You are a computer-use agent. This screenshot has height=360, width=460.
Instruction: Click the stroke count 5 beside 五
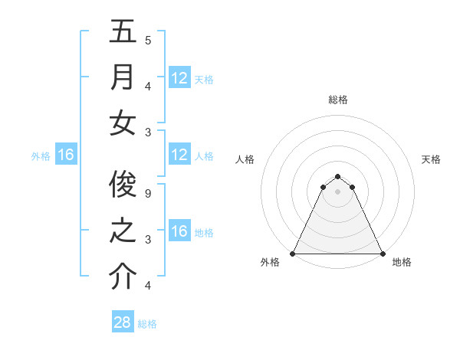(x=148, y=40)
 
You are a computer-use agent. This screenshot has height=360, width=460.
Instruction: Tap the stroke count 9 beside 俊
(x=148, y=193)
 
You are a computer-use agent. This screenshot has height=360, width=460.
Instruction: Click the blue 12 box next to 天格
(x=179, y=78)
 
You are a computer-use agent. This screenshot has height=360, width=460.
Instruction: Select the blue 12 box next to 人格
(x=179, y=155)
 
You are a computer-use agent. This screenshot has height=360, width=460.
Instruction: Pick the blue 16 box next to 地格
(x=179, y=232)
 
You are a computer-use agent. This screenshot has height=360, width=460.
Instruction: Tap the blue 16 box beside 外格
(x=66, y=155)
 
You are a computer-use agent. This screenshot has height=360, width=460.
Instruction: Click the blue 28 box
(x=123, y=322)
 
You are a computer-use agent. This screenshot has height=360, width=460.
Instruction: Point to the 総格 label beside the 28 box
(x=148, y=324)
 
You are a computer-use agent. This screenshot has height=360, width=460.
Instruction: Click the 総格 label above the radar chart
(x=338, y=100)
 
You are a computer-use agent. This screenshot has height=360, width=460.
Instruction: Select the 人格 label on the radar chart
(x=245, y=160)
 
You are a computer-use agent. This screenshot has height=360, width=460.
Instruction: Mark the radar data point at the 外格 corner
(x=293, y=254)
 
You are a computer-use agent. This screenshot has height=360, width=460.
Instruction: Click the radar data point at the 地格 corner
(x=382, y=254)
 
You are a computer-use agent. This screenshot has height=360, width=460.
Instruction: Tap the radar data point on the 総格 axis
(x=337, y=176)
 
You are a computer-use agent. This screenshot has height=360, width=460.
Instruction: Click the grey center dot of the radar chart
(x=337, y=191)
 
